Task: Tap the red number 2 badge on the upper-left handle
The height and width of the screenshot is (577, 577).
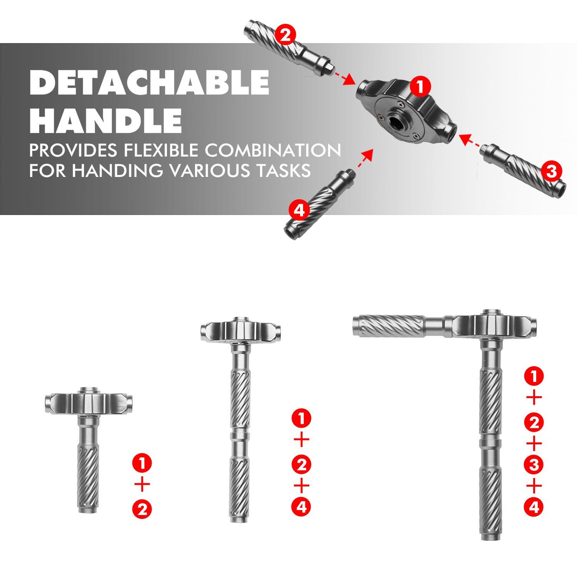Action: tap(286, 36)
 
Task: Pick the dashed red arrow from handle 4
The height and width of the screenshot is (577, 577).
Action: tap(365, 159)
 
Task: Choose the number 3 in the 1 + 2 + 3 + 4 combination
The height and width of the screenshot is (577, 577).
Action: tap(534, 465)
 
